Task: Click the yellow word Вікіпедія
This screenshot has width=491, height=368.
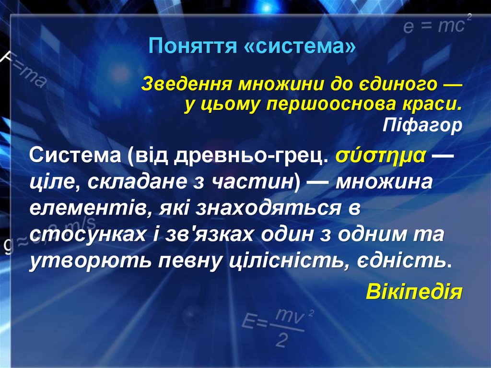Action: coord(414,291)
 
